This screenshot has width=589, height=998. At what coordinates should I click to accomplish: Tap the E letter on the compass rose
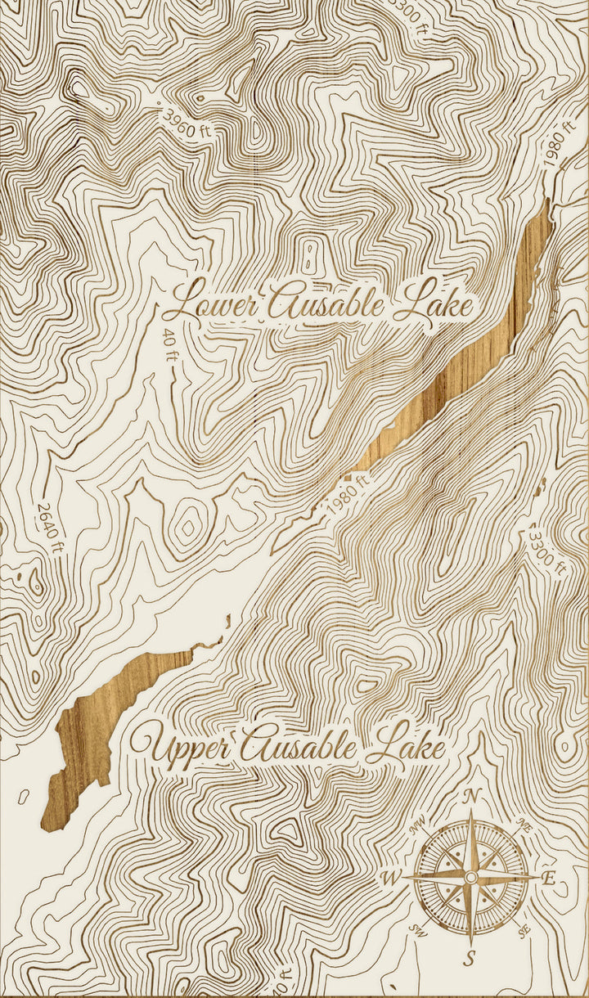pyautogui.click(x=549, y=880)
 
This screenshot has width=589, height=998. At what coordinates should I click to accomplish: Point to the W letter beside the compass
pyautogui.click(x=391, y=879)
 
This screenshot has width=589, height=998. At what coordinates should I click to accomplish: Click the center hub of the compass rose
pyautogui.click(x=470, y=877)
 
